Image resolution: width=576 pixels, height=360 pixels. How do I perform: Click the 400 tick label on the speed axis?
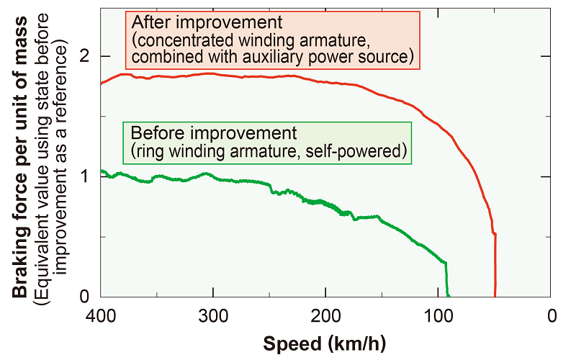click(x=101, y=316)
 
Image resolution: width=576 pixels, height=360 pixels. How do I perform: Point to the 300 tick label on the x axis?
click(x=213, y=316)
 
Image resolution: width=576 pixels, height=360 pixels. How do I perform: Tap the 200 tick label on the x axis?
click(x=326, y=316)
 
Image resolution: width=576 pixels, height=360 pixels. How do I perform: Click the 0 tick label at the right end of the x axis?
click(x=552, y=316)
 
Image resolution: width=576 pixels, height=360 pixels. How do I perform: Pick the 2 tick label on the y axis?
click(x=86, y=56)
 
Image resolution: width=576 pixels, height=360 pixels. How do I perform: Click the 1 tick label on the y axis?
click(x=86, y=176)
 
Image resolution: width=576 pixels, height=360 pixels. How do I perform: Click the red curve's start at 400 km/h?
click(x=102, y=84)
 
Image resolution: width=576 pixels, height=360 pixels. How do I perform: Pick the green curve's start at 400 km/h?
click(x=102, y=171)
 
